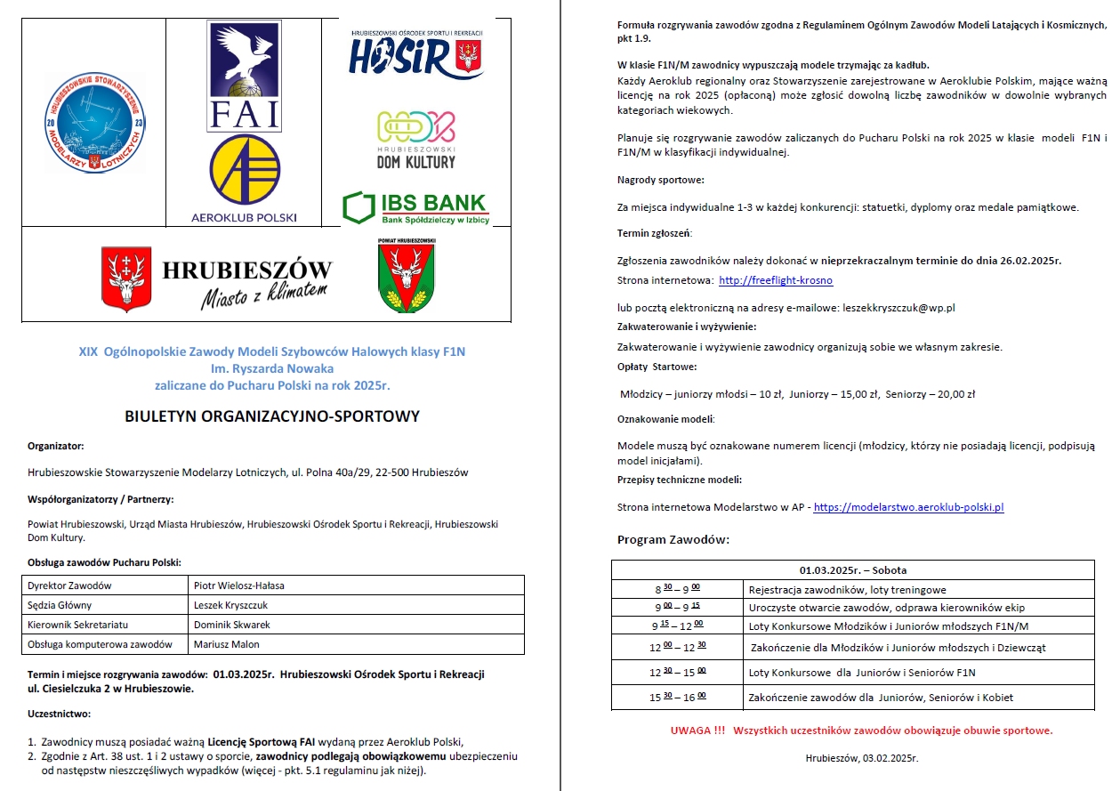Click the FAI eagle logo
pyautogui.click(x=244, y=75)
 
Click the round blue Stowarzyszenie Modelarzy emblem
pyautogui.click(x=93, y=121)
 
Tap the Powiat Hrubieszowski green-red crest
pyautogui.click(x=406, y=277)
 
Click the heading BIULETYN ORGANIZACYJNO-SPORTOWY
pyautogui.click(x=272, y=416)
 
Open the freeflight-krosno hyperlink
pyautogui.click(x=776, y=280)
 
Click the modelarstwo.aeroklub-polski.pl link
pyautogui.click(x=908, y=507)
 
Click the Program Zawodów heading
pyautogui.click(x=673, y=540)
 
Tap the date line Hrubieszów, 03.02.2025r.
pyautogui.click(x=860, y=758)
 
